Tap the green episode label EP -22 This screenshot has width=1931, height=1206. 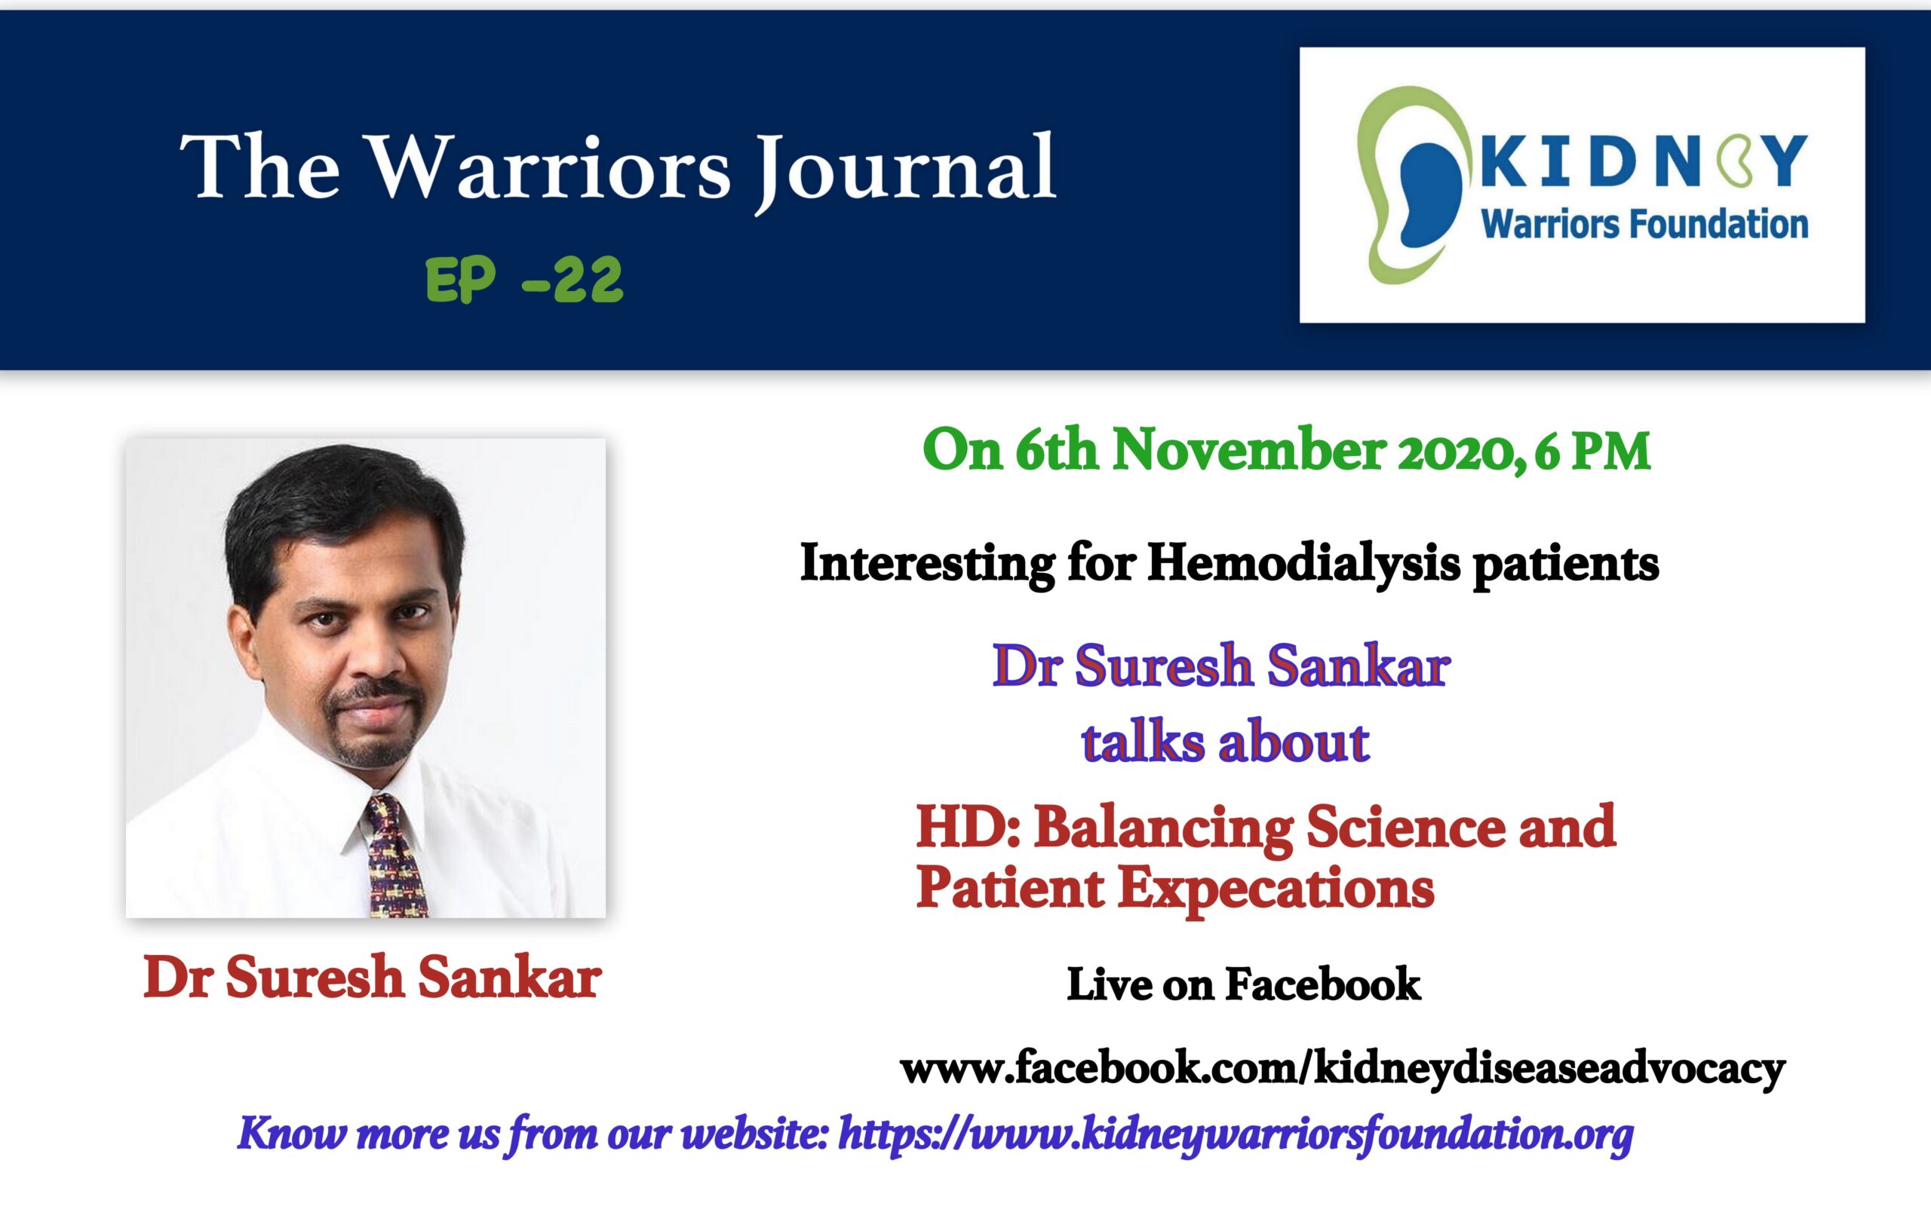tap(524, 280)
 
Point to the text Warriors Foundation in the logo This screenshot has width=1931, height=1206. tap(1644, 224)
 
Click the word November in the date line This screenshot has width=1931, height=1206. tap(1249, 451)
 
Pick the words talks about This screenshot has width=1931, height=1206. tap(1225, 742)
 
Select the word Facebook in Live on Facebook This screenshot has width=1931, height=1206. tap(1323, 984)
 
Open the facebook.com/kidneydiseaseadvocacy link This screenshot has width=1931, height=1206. tap(1343, 1070)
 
